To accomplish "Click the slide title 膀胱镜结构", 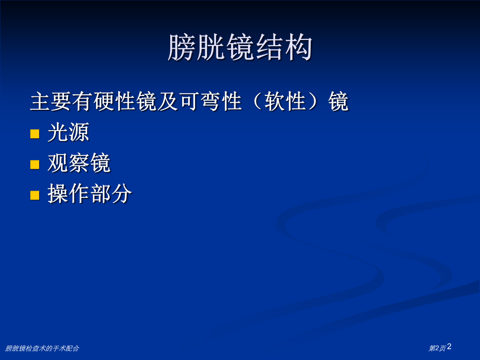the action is (x=240, y=48).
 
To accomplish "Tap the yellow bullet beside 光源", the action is (x=35, y=134).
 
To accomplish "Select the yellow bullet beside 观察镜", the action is (x=35, y=164).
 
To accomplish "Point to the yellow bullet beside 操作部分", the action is (x=35, y=195).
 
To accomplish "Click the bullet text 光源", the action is (x=68, y=132).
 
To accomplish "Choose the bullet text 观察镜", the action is (x=79, y=163).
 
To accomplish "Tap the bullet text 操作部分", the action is (x=89, y=193).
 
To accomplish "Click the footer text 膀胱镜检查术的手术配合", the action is (x=42, y=348).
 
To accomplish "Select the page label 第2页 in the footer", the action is (x=437, y=348).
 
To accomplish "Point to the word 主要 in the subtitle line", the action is (x=51, y=101).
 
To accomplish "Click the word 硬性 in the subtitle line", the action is (x=115, y=101).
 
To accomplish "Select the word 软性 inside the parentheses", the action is (x=285, y=101).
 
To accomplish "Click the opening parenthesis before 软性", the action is (x=258, y=101).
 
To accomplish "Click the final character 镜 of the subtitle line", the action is (x=338, y=101).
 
